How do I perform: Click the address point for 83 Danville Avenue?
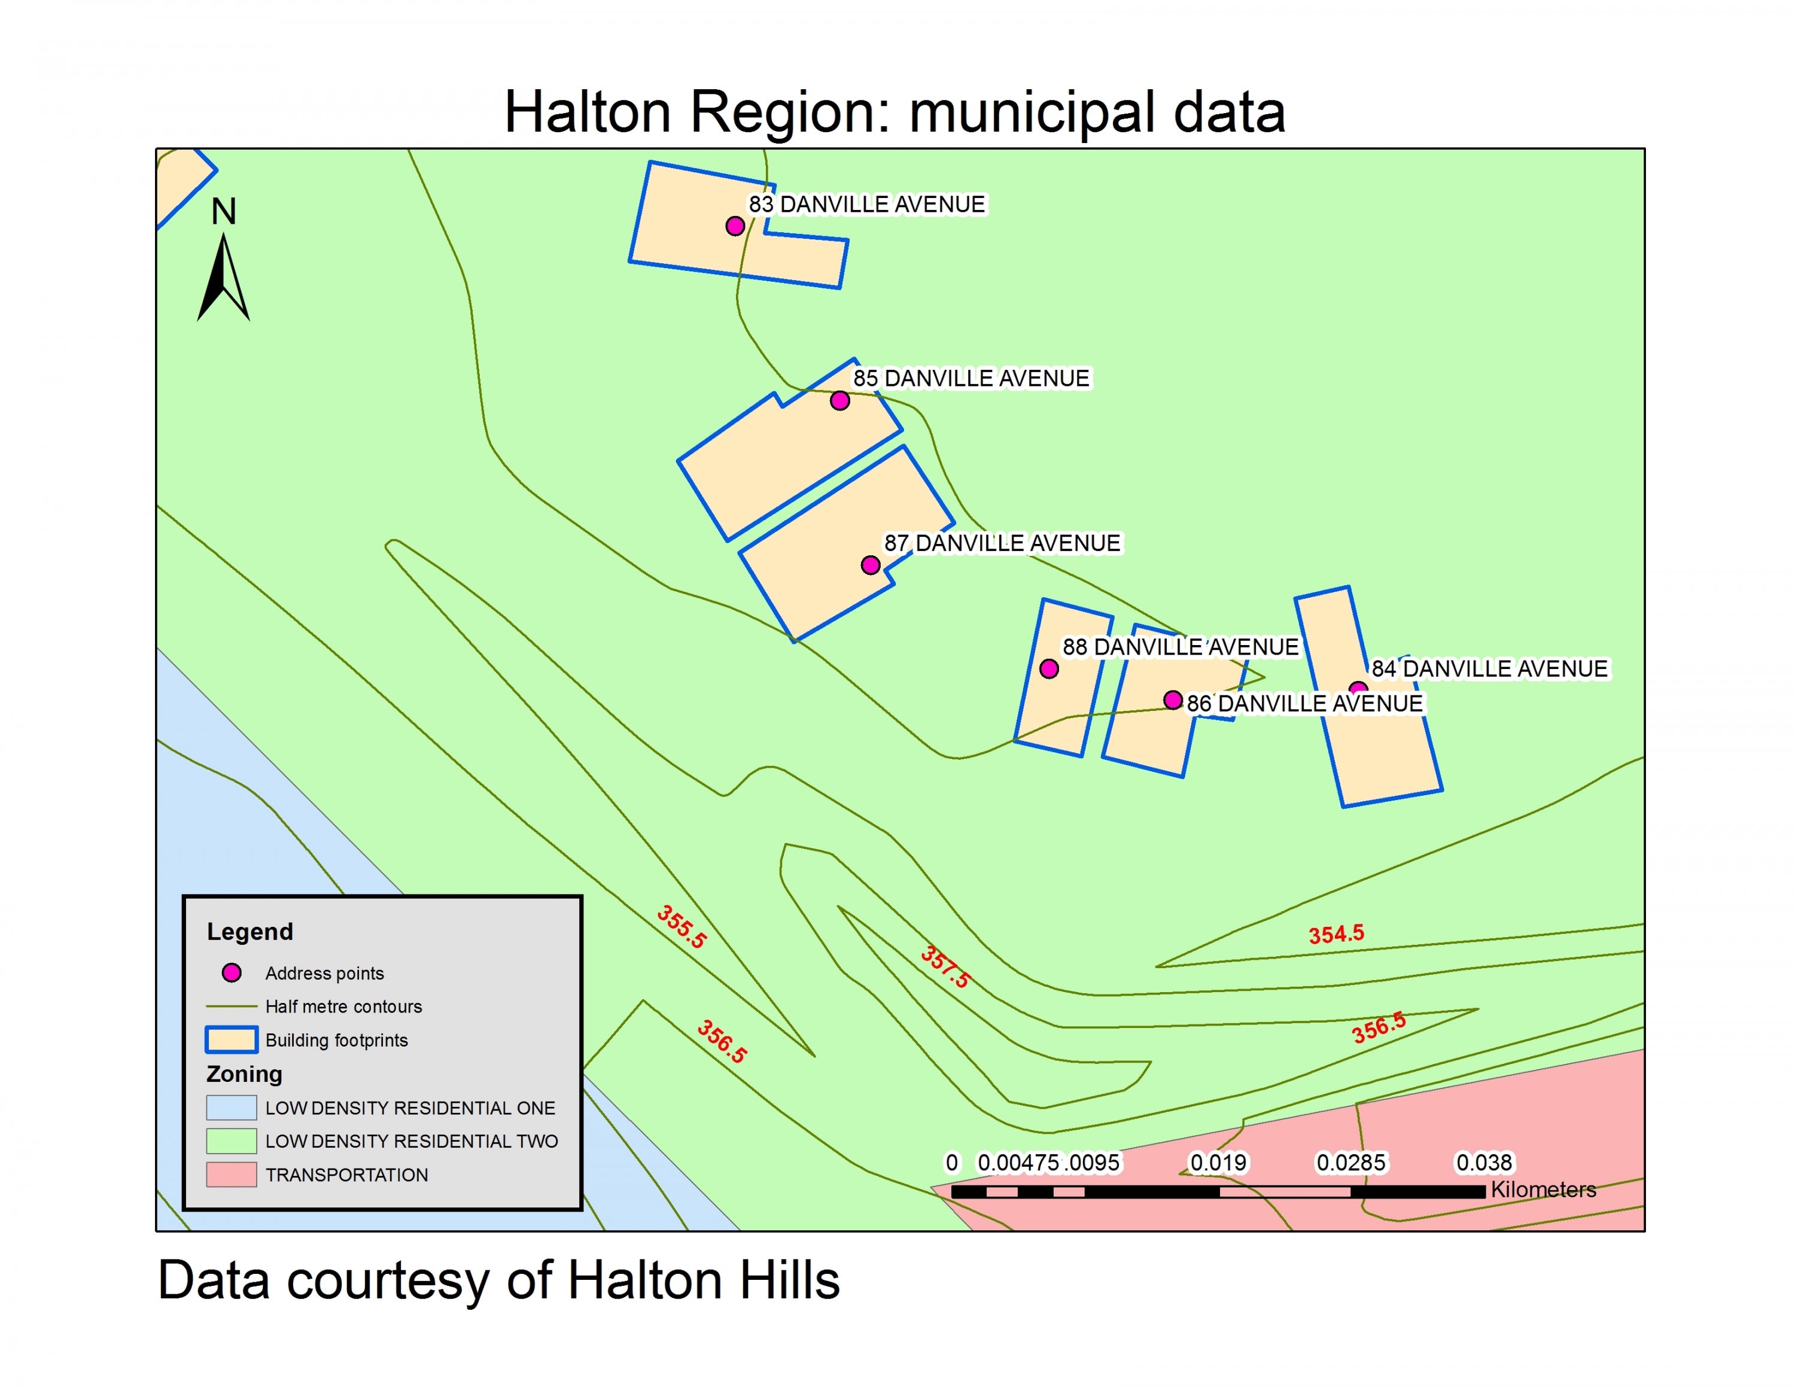pyautogui.click(x=735, y=226)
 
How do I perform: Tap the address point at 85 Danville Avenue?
pyautogui.click(x=839, y=401)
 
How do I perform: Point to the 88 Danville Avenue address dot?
pyautogui.click(x=1049, y=669)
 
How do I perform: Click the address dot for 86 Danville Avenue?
pyautogui.click(x=1173, y=700)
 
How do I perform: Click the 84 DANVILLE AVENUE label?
pyautogui.click(x=1489, y=669)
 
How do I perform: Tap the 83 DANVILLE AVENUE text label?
pyautogui.click(x=866, y=205)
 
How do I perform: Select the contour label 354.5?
pyautogui.click(x=1337, y=934)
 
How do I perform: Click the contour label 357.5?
pyautogui.click(x=945, y=967)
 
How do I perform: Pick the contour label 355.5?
pyautogui.click(x=682, y=927)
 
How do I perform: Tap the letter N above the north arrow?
pyautogui.click(x=224, y=212)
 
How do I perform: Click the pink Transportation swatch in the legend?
pyautogui.click(x=231, y=1175)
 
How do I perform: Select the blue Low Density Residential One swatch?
pyautogui.click(x=231, y=1108)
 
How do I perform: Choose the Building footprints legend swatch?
pyautogui.click(x=231, y=1040)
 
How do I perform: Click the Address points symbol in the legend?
pyautogui.click(x=232, y=973)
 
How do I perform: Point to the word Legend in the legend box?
pyautogui.click(x=250, y=932)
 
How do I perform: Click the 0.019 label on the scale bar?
pyautogui.click(x=1219, y=1163)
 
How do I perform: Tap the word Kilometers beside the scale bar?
pyautogui.click(x=1544, y=1189)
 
